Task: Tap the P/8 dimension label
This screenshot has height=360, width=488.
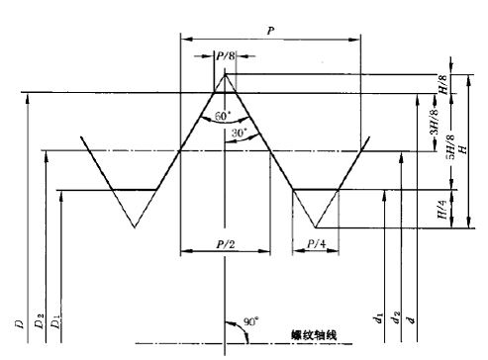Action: coord(225,56)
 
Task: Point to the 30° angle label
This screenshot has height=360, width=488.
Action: coord(239,133)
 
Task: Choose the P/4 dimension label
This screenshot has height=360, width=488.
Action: coord(314,243)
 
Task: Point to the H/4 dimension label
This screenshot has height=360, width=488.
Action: coord(442,209)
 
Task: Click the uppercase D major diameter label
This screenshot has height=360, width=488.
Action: coord(19,322)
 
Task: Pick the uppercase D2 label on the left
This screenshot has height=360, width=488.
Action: coord(39,321)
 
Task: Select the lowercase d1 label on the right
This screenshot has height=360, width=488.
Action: coord(378,317)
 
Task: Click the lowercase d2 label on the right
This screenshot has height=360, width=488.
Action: coord(396,317)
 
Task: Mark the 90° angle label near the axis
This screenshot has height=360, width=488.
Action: coord(252,322)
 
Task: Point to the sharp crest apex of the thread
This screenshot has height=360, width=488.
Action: coord(225,71)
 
